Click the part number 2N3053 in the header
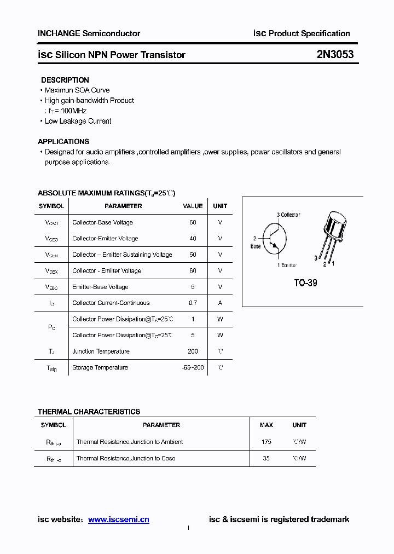click(334, 54)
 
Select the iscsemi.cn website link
click(118, 520)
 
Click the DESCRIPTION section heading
click(65, 80)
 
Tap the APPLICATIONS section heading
click(63, 141)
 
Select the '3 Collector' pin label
click(288, 215)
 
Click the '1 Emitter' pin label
click(287, 266)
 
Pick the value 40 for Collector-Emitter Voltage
click(193, 239)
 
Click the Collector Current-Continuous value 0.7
click(193, 303)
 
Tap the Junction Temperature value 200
click(193, 351)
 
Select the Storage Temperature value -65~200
click(193, 367)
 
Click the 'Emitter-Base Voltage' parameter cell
click(100, 287)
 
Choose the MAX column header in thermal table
click(266, 425)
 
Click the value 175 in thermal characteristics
click(266, 442)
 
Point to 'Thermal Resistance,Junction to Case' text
click(126, 458)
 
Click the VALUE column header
click(193, 206)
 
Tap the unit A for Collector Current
click(220, 303)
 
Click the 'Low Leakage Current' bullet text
click(78, 121)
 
